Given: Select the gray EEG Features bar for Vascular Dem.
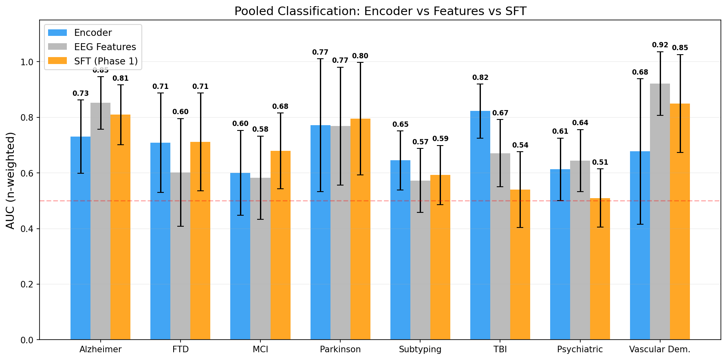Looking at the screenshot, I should coord(660,212).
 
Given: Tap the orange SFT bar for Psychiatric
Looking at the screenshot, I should coord(600,269).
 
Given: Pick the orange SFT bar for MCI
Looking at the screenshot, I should coord(280,245).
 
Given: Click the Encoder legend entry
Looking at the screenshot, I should coord(93,33).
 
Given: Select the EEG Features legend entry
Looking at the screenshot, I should coord(105,47).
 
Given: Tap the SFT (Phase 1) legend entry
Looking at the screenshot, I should coord(106,61).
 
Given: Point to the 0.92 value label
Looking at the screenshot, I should coord(660,45).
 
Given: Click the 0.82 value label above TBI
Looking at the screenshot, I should coord(480,77).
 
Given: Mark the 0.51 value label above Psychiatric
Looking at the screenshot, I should coord(600,162).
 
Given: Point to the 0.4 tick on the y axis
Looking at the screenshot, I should coord(28,229).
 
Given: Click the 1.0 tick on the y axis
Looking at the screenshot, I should coord(28,62).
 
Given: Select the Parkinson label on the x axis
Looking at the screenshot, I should coord(340,349).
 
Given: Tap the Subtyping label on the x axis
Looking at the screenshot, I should coord(420,349).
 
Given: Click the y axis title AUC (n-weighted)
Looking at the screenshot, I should coord(11,180).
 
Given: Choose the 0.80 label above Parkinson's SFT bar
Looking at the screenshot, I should coord(360,56).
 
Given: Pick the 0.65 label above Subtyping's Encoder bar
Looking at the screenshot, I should coord(400,124).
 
